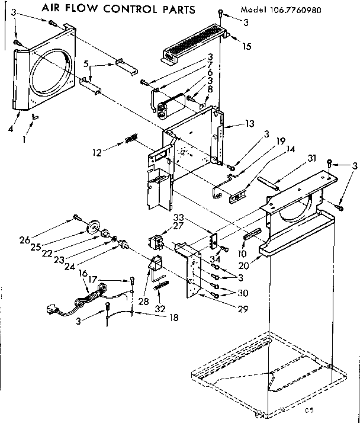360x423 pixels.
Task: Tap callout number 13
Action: coord(249,124)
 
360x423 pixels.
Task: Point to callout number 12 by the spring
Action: coord(97,152)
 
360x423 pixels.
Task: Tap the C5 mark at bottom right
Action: coord(308,410)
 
